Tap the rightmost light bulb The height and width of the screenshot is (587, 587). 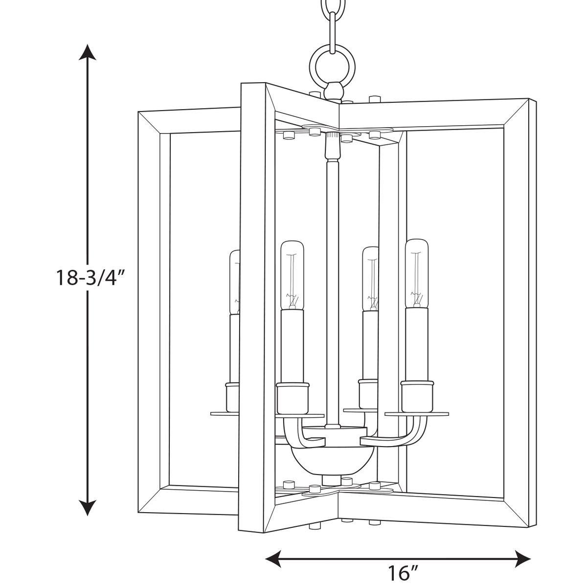[x=416, y=271]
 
